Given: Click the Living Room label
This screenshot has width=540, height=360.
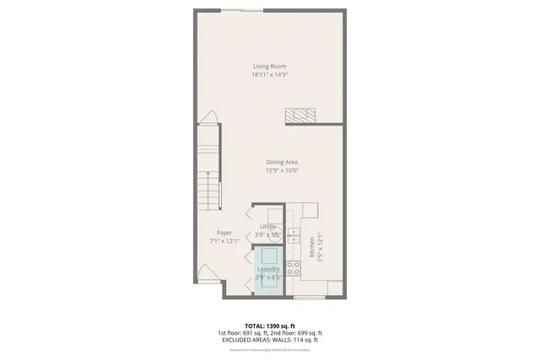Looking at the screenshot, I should tap(269, 66).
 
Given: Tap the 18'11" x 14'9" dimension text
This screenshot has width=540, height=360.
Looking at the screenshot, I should tap(269, 74).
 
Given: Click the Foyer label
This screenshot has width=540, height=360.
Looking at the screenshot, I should tap(224, 232).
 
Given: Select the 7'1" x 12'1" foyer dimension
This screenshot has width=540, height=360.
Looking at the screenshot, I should tap(224, 240).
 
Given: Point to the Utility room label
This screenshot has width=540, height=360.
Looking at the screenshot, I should tap(267, 226).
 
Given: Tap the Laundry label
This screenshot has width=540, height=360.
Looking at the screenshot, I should tap(268, 269).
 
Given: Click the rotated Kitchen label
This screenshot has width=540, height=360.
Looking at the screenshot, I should tap(311, 246).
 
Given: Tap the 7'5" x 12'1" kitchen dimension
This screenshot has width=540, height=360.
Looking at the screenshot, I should tap(319, 246).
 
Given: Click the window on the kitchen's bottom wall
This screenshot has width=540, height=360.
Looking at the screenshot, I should tap(310, 297).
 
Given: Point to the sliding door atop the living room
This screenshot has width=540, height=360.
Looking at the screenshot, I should tap(248, 10).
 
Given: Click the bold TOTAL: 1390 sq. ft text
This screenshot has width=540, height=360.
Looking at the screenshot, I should tap(270, 325).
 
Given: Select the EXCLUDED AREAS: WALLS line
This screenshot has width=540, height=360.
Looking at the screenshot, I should tap(270, 339).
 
